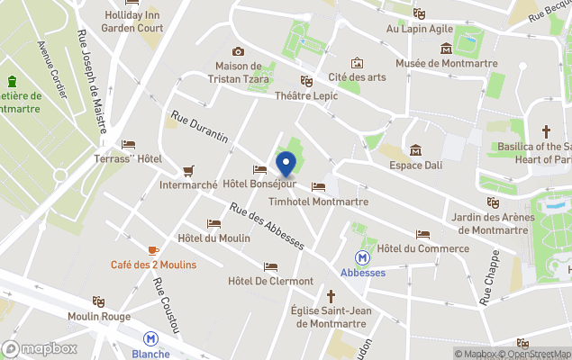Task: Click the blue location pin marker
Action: (x=286, y=166)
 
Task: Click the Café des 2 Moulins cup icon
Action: (x=153, y=249)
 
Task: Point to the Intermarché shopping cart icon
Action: (x=188, y=170)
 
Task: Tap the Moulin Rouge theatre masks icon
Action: (x=97, y=301)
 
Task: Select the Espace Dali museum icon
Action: (x=415, y=150)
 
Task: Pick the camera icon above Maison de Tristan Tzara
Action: (x=238, y=51)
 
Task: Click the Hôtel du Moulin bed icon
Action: (x=213, y=223)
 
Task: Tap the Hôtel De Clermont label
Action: (x=270, y=281)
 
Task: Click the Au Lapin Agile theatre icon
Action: (x=419, y=13)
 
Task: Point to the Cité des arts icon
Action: (x=358, y=63)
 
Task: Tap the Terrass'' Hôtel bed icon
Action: (x=128, y=144)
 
